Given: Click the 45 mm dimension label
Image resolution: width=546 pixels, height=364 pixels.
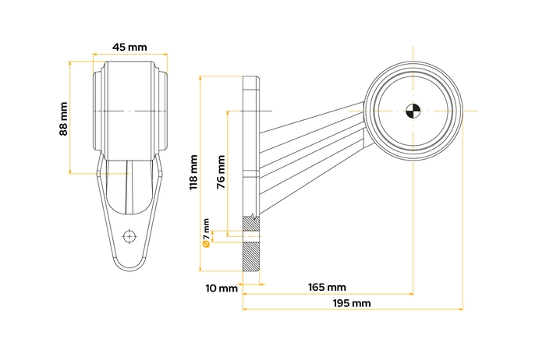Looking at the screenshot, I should pos(129,47).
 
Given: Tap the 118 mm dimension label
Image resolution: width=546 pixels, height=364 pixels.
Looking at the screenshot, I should pos(193,172).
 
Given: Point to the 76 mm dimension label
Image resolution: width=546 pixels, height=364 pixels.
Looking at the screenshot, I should pos(221,172).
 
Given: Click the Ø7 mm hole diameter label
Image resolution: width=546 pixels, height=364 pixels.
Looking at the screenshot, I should pos(206,234).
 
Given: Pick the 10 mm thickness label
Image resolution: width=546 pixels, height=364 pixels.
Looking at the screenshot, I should pos(222,288).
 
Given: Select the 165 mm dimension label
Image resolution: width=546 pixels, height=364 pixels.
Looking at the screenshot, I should pos(327,288).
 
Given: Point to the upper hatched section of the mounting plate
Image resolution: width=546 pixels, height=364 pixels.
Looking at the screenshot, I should pos(252,224).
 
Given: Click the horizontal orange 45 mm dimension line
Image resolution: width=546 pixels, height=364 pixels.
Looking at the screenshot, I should pos(129,55).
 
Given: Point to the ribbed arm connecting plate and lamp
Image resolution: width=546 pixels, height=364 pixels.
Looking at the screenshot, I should pos(312,148).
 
